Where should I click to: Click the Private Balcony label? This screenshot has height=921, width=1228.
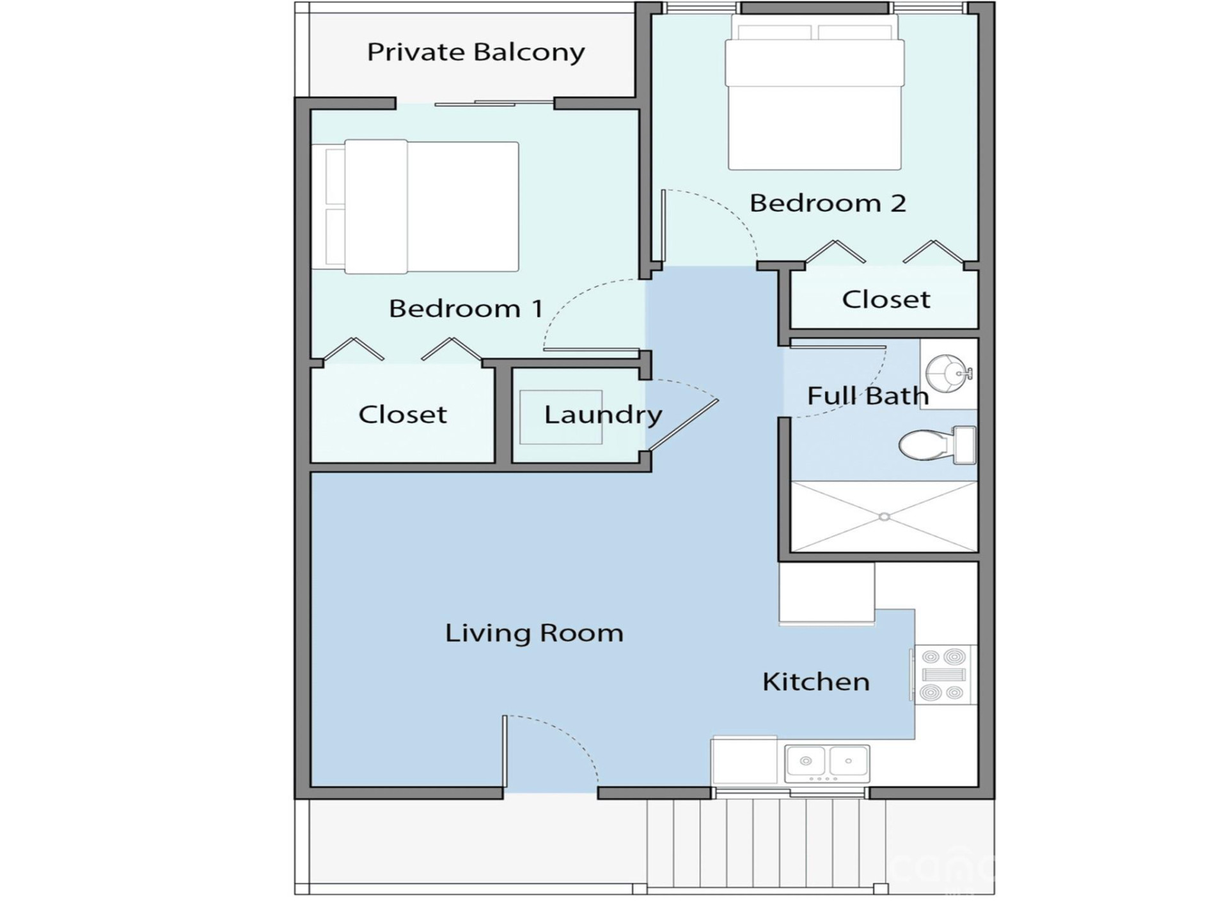[x=476, y=52]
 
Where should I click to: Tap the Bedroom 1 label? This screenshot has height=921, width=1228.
[x=466, y=309]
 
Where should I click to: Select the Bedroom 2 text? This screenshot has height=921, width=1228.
[x=828, y=203]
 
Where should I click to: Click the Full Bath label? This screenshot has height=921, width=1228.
[x=868, y=396]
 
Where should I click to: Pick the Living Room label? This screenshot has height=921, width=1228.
[x=534, y=633]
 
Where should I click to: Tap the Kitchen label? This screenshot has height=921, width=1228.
[x=816, y=682]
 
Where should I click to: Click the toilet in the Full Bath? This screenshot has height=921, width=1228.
[x=938, y=445]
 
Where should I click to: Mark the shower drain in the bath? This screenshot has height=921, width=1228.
[x=884, y=517]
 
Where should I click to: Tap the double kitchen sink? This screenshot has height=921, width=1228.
[x=827, y=764]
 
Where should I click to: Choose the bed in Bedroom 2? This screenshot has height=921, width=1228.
[x=815, y=93]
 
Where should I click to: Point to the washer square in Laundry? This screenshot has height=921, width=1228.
[x=561, y=417]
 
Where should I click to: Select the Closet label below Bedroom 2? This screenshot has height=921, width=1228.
[x=886, y=299]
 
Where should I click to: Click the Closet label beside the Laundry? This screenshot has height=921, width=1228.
[x=402, y=414]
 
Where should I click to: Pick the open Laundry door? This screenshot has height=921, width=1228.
[x=682, y=425]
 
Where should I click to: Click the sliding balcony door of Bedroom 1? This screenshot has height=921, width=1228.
[x=494, y=103]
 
